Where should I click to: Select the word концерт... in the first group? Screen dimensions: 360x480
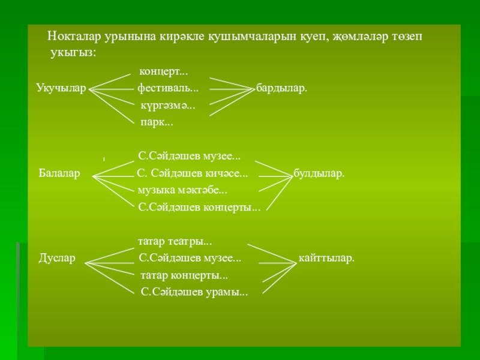(x=163, y=72)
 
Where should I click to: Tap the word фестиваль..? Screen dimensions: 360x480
(x=168, y=88)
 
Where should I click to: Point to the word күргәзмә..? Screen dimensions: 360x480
(x=167, y=106)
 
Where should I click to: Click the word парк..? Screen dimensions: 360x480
(x=157, y=122)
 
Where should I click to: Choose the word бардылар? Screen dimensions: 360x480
(x=281, y=88)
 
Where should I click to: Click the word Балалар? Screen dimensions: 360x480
(x=59, y=174)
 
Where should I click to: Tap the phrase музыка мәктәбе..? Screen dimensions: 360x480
(x=182, y=191)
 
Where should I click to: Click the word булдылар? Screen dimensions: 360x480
(x=319, y=174)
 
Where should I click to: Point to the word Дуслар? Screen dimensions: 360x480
(x=57, y=259)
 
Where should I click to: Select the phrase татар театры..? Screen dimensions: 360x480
(x=175, y=242)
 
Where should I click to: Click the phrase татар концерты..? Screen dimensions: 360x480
(x=184, y=275)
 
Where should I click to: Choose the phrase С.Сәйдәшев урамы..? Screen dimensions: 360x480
(x=194, y=292)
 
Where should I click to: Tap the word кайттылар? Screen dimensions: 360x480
(x=326, y=259)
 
